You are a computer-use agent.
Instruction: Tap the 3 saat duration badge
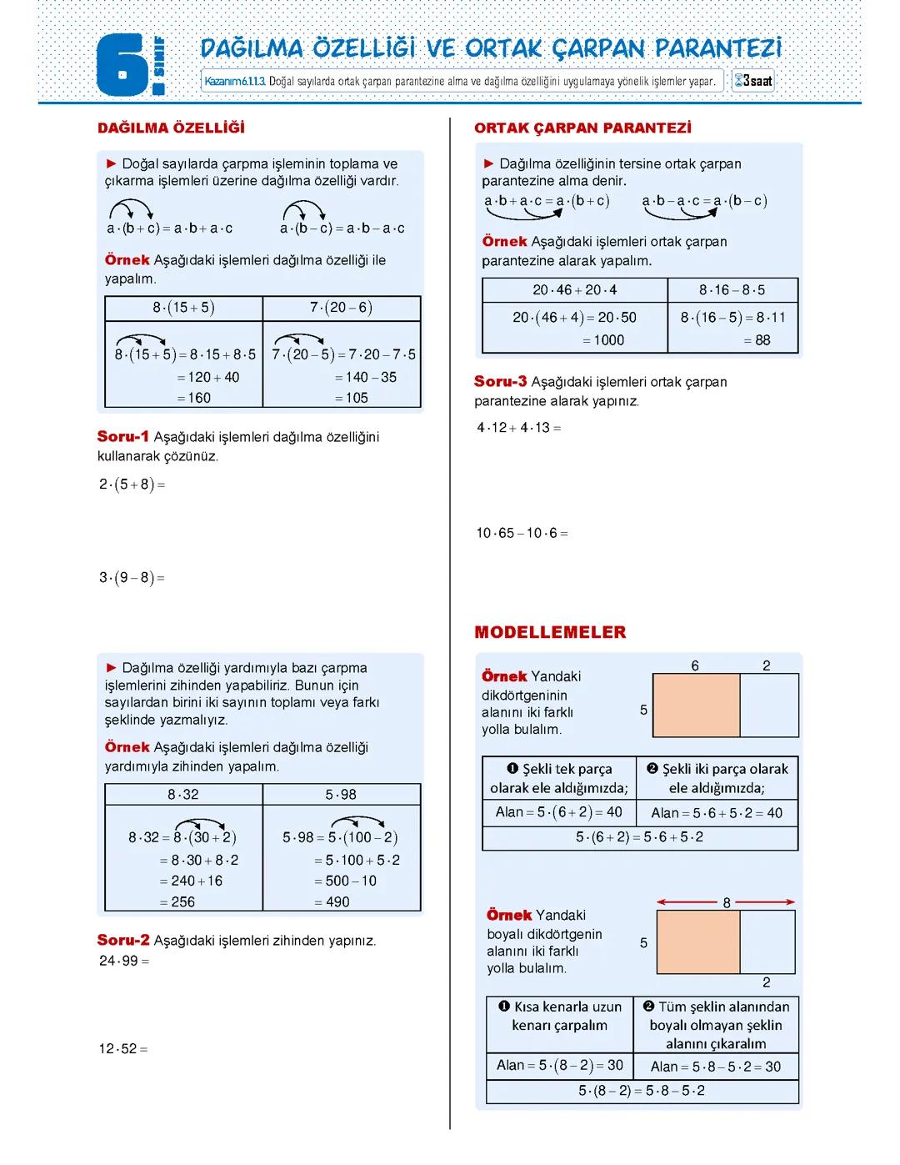[x=752, y=82]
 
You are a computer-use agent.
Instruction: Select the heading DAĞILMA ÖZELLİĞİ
[x=171, y=128]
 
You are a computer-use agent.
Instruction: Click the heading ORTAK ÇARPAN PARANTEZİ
[x=582, y=128]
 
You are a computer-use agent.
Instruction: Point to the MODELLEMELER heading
[x=550, y=632]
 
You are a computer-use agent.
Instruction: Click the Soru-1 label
[x=122, y=436]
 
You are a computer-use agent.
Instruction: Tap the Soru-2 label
[x=123, y=940]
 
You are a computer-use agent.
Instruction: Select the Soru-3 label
[x=500, y=381]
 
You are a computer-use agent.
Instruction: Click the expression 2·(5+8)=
[x=132, y=485]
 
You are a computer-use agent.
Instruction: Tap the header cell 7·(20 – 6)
[x=341, y=308]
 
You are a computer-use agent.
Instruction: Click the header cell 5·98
[x=341, y=795]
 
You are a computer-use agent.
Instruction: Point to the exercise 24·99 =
[x=123, y=961]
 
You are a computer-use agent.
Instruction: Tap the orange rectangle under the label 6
[x=696, y=706]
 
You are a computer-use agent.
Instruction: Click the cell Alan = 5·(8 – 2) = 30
[x=559, y=1065]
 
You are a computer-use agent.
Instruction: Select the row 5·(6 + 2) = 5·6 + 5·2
[x=639, y=837]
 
